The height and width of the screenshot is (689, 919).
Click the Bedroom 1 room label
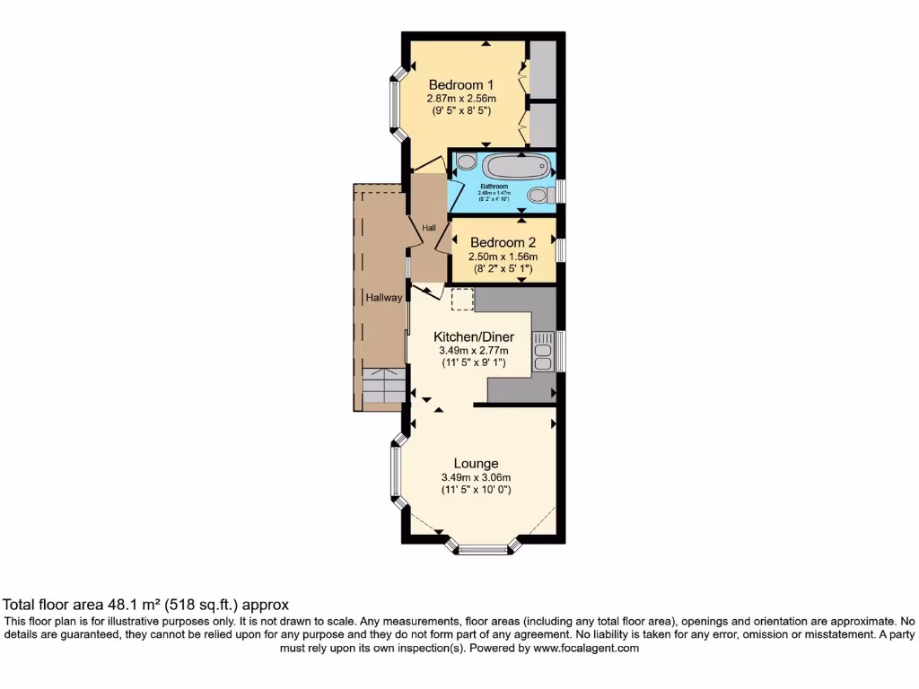point(461,85)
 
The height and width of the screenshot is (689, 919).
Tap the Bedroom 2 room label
point(503,242)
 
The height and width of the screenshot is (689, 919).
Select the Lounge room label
point(476,464)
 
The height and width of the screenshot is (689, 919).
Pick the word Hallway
point(383,298)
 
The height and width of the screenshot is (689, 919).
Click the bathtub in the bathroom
point(515,167)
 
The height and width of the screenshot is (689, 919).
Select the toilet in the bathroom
point(538,195)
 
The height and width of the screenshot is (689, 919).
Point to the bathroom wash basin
point(465,162)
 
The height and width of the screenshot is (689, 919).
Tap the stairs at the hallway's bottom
point(383,387)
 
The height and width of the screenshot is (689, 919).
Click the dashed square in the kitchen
point(461,300)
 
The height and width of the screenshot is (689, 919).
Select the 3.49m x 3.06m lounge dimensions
point(476,477)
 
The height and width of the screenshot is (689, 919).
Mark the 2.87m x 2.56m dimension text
point(461,99)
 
